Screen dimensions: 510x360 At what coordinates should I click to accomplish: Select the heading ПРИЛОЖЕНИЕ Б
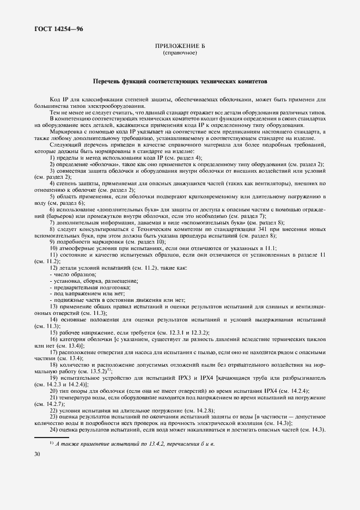click(180, 47)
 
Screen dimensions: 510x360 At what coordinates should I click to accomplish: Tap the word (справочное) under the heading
click(180, 53)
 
